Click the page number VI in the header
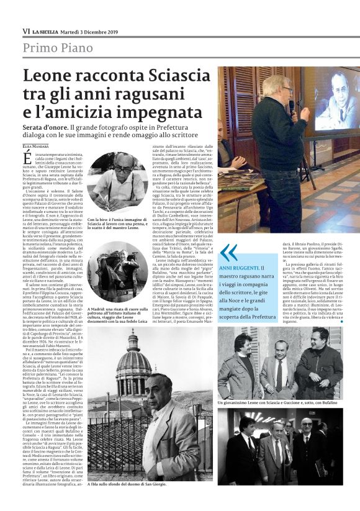tap(25, 30)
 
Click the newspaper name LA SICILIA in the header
tap(48, 31)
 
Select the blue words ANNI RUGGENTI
tap(238, 266)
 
